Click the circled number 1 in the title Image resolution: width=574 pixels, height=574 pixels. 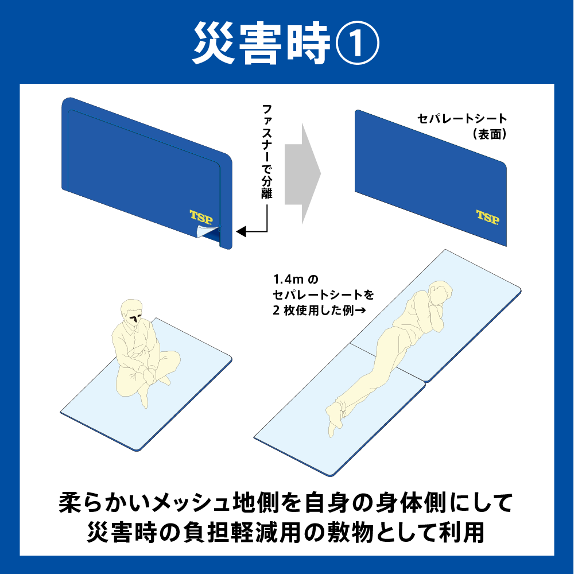coord(356,44)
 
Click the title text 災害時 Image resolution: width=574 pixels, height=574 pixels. coord(261,44)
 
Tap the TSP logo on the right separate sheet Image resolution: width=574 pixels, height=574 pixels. coord(487,217)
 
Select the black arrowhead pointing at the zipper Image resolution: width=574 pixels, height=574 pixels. coord(242,232)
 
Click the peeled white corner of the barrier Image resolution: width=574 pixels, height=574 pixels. coord(206,231)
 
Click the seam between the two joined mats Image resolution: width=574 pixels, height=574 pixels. coord(387,363)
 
